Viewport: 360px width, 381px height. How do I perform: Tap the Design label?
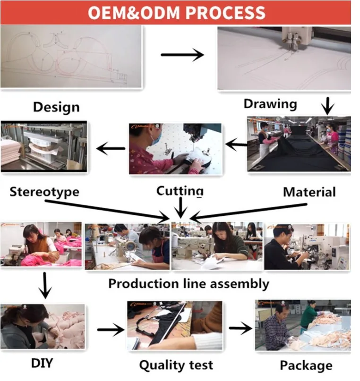click(x=57, y=107)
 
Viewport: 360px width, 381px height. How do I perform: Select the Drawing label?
click(x=270, y=103)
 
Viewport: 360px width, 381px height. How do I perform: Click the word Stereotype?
click(x=44, y=192)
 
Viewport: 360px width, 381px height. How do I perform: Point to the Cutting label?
click(x=180, y=191)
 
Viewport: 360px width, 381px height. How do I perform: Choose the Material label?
click(x=309, y=192)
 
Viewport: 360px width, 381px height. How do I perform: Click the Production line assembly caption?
click(x=189, y=283)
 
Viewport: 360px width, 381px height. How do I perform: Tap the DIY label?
click(x=43, y=363)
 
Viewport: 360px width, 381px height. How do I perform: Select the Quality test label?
click(x=176, y=364)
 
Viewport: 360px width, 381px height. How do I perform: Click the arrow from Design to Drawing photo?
click(x=182, y=55)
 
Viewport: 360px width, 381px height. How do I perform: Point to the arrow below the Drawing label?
click(x=326, y=105)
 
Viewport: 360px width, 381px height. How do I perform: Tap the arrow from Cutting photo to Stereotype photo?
click(x=111, y=149)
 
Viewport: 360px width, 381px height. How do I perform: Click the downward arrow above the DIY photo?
click(x=45, y=285)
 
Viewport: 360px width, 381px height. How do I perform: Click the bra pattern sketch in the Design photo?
click(x=66, y=54)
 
